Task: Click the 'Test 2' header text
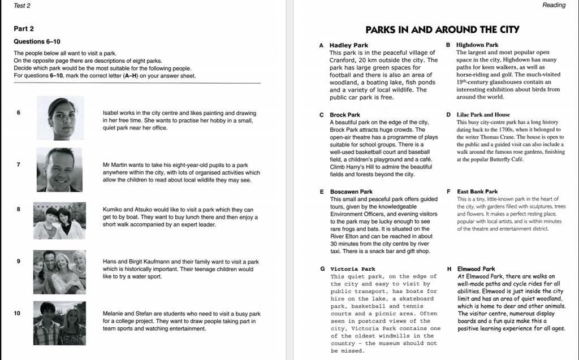22,6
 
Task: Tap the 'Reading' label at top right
554,6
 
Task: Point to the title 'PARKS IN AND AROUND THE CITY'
442,29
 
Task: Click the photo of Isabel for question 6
61,118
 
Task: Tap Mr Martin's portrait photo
59,170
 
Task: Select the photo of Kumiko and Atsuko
59,220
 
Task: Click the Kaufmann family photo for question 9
59,272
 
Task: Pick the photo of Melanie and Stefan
59,323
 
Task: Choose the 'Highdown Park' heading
477,45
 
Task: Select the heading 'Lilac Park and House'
483,114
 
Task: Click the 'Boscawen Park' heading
351,192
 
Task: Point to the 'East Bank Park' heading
477,192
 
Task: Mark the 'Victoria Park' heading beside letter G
353,269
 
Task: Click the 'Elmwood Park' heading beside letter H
476,269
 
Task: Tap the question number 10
18,313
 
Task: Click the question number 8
18,209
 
